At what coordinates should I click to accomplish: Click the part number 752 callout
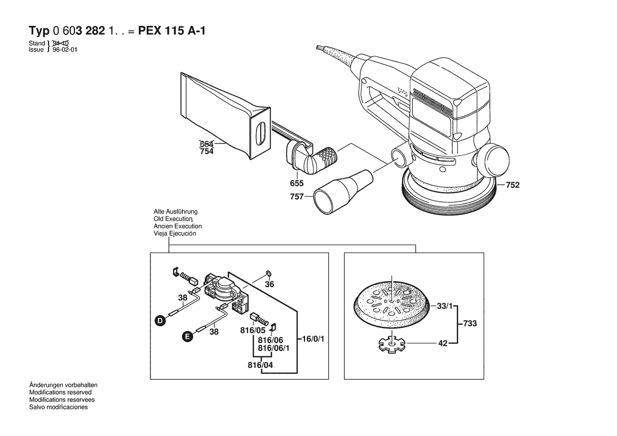(x=512, y=185)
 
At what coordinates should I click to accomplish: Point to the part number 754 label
(x=206, y=151)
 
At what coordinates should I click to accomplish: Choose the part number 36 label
(x=270, y=284)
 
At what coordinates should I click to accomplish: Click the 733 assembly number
(x=470, y=324)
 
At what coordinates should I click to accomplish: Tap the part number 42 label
(x=443, y=343)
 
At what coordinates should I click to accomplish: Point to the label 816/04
(x=261, y=365)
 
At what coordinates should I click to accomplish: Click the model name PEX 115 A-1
(x=172, y=31)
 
